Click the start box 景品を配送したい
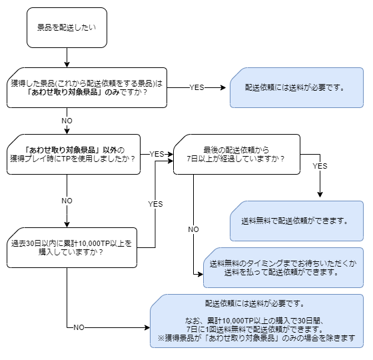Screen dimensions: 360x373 (67, 27)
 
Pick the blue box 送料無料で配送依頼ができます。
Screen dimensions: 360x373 (297, 220)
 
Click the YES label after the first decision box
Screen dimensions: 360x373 (197, 87)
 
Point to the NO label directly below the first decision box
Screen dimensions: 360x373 (67, 121)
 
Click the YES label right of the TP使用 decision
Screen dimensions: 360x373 (157, 153)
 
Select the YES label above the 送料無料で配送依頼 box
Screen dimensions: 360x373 (320, 166)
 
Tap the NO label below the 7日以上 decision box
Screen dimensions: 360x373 (193, 229)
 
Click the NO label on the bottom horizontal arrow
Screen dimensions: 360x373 (79, 327)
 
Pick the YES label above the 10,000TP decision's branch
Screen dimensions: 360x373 (155, 203)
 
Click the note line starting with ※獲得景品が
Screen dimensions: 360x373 (257, 338)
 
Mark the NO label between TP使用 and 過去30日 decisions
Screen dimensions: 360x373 (67, 200)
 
